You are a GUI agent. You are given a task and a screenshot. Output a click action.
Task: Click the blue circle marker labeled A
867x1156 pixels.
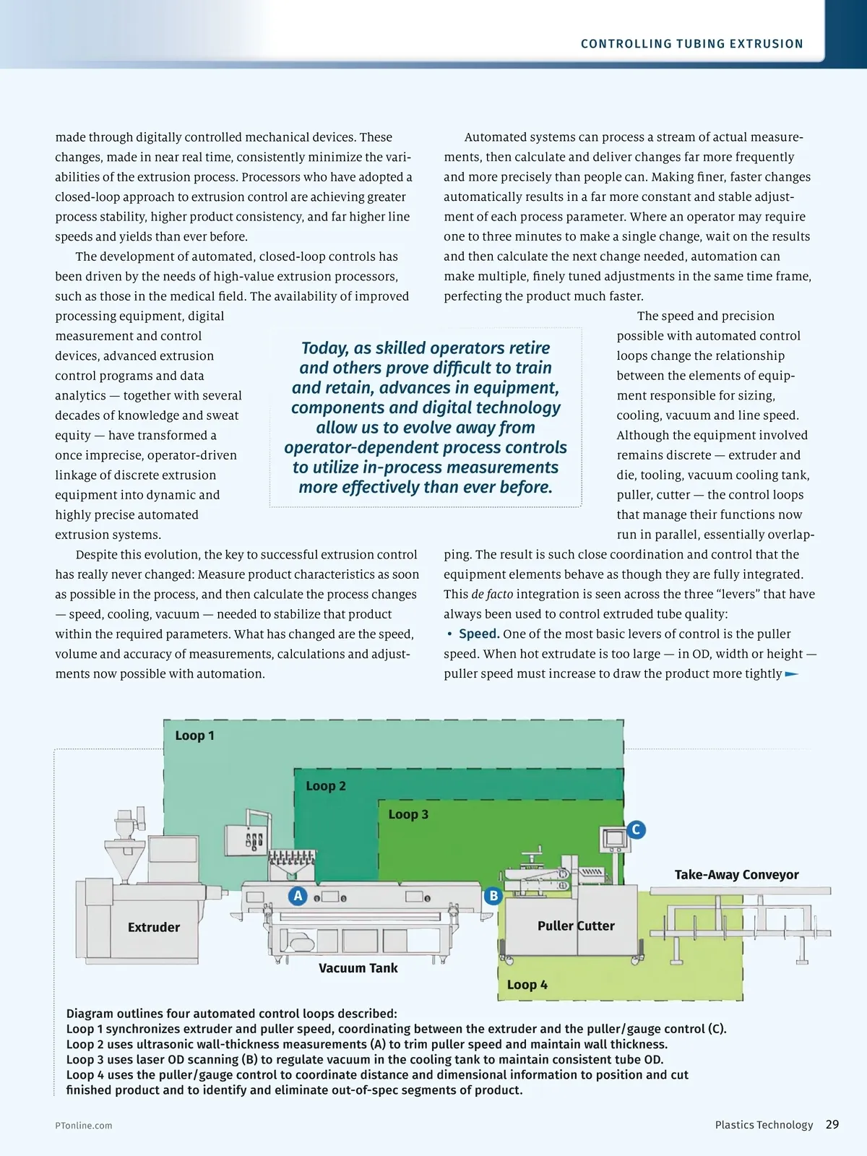pos(298,896)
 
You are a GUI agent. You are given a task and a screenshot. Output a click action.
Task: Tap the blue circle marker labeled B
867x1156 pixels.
pos(493,896)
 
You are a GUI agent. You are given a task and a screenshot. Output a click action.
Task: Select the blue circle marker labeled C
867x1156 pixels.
pos(636,829)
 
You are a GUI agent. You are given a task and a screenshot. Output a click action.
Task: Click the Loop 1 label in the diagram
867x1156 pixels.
pos(194,736)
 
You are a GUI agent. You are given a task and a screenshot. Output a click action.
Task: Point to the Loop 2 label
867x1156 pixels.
pos(325,786)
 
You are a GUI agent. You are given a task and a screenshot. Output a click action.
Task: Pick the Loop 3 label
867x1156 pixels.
pos(408,814)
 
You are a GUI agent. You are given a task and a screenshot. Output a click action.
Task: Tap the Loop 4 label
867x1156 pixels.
pos(527,985)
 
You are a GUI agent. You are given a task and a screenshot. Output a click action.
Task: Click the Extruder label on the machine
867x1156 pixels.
pos(153,927)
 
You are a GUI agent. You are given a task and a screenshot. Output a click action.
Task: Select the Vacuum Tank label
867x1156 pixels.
pos(358,968)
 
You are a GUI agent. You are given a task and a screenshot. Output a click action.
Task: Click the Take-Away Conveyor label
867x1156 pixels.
pos(736,875)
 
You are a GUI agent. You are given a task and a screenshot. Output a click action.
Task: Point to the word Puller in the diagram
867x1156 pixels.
pos(555,926)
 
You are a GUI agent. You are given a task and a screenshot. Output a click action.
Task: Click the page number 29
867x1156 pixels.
pos(832,1124)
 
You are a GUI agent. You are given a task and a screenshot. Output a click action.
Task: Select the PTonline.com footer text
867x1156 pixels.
pos(84,1126)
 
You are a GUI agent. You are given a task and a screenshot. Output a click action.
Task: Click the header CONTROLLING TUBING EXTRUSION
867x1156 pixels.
pos(691,44)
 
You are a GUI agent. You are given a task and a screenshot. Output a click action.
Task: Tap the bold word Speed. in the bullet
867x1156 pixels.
pos(479,634)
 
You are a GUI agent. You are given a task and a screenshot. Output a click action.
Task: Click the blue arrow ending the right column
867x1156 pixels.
pos(792,674)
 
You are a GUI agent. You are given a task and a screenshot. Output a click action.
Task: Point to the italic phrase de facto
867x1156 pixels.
pos(492,594)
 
